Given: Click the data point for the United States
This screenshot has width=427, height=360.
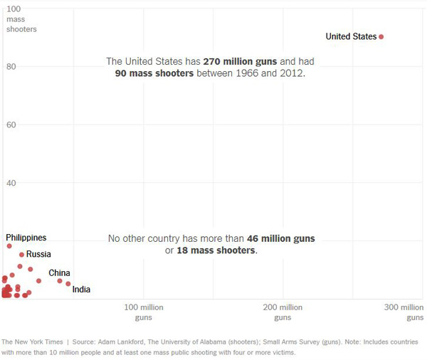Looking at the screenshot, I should pyautogui.click(x=381, y=37).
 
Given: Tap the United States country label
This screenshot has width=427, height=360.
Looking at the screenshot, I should pyautogui.click(x=351, y=36).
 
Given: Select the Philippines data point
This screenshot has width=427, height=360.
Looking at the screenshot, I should pyautogui.click(x=9, y=246).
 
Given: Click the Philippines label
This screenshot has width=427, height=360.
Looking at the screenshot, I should pyautogui.click(x=26, y=237).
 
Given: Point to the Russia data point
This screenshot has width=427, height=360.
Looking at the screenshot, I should pyautogui.click(x=21, y=255).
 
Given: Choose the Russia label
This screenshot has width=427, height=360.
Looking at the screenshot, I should pyautogui.click(x=38, y=254).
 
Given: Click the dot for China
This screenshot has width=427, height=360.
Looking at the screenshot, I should pyautogui.click(x=60, y=281).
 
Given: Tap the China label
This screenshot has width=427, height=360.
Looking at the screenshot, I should pyautogui.click(x=59, y=273).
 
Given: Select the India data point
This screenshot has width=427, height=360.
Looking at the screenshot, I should pyautogui.click(x=68, y=284).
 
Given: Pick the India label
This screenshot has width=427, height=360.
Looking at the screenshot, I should pyautogui.click(x=81, y=290).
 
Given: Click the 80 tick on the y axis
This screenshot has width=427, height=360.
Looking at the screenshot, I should pyautogui.click(x=11, y=67).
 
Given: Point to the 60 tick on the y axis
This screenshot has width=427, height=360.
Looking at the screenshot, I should pyautogui.click(x=11, y=125).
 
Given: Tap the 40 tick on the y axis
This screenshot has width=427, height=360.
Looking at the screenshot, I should pyautogui.click(x=11, y=184).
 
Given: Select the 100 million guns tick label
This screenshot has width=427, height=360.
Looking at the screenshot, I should pyautogui.click(x=144, y=312).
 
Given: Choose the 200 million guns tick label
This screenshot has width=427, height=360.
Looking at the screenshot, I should pyautogui.click(x=283, y=312).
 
